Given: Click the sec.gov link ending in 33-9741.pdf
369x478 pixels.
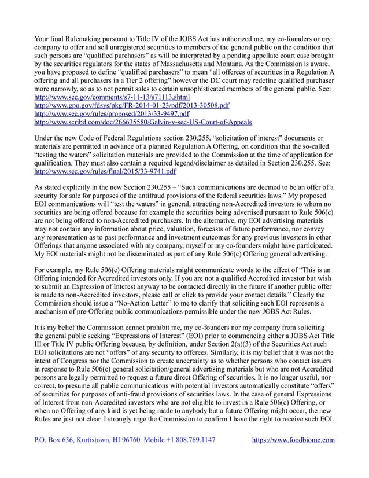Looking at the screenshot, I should click(x=106, y=172).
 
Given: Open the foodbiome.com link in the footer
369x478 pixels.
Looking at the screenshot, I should click(x=294, y=457).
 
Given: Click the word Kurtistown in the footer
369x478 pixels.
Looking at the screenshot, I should click(x=88, y=457).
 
